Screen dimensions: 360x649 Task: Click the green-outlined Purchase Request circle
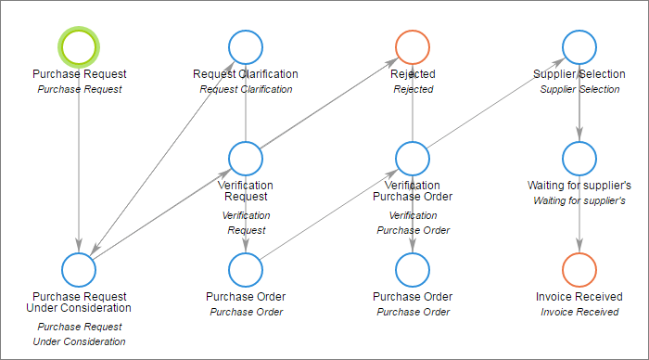pyautogui.click(x=79, y=46)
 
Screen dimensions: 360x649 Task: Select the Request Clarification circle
pyautogui.click(x=246, y=46)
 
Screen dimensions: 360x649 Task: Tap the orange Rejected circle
pyautogui.click(x=413, y=46)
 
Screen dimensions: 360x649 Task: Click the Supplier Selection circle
pyautogui.click(x=579, y=46)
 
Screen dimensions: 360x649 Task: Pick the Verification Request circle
pyautogui.click(x=246, y=158)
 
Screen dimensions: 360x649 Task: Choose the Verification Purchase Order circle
pyautogui.click(x=413, y=158)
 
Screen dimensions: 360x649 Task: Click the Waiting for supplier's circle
pyautogui.click(x=579, y=158)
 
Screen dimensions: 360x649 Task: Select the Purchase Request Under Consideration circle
pyautogui.click(x=79, y=269)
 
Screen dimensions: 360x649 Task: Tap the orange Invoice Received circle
pyautogui.click(x=579, y=269)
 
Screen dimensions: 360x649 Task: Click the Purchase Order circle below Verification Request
pyautogui.click(x=246, y=269)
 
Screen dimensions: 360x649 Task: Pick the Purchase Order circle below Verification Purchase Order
pyautogui.click(x=413, y=269)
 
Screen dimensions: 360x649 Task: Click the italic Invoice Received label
pyautogui.click(x=579, y=312)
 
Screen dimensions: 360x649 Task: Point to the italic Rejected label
pyautogui.click(x=413, y=89)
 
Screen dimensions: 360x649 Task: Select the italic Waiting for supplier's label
pyautogui.click(x=579, y=200)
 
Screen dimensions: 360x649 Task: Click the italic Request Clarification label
pyautogui.click(x=246, y=89)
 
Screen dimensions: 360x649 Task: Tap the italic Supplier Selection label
pyautogui.click(x=579, y=89)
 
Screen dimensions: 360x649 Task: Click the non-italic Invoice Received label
pyautogui.click(x=579, y=297)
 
